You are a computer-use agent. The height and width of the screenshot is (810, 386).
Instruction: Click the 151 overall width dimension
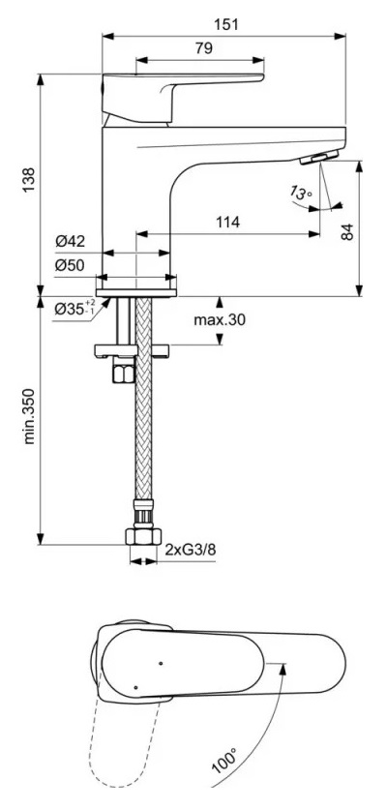[225, 23]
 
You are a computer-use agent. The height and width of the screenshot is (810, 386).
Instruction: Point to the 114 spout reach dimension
[228, 223]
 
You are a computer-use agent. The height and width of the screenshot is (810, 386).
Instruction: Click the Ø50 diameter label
[73, 264]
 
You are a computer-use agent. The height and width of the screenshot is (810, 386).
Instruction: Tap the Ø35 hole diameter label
[74, 308]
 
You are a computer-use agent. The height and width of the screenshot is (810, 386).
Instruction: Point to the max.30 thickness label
[218, 320]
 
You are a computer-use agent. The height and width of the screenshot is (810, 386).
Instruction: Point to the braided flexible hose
[143, 435]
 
